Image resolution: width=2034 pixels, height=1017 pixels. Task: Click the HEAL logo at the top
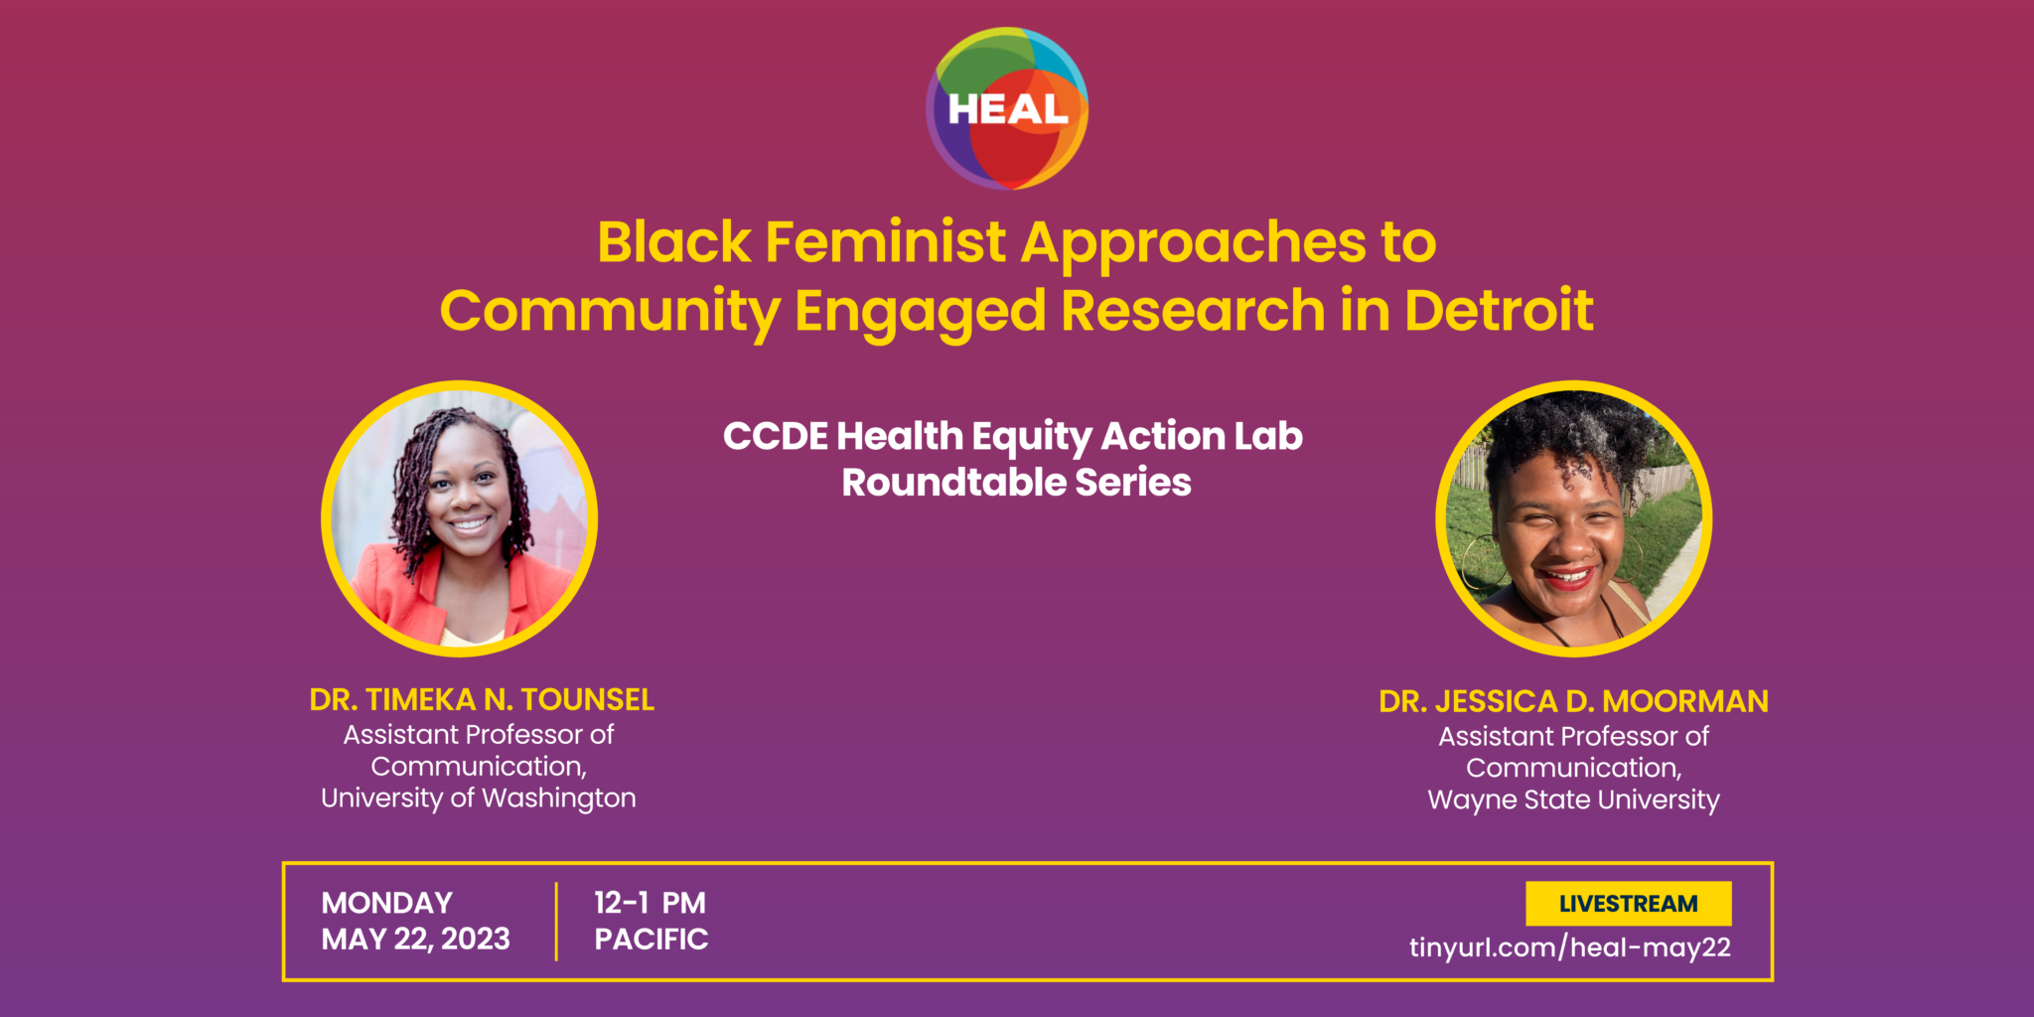click(1007, 108)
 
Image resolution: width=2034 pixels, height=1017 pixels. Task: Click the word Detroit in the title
click(1499, 310)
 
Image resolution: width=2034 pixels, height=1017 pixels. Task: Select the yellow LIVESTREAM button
click(1629, 904)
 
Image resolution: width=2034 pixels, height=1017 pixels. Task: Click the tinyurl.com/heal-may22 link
click(1570, 947)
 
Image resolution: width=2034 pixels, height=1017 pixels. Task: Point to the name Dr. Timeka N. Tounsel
click(482, 700)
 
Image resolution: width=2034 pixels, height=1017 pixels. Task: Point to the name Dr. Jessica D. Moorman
click(1574, 702)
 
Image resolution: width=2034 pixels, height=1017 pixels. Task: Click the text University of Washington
click(479, 799)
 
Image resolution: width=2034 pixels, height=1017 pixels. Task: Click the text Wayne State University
click(1574, 800)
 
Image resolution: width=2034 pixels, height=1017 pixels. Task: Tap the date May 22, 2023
click(416, 940)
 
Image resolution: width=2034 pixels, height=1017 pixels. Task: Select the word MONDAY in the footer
click(387, 903)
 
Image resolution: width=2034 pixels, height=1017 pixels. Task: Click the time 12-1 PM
click(651, 903)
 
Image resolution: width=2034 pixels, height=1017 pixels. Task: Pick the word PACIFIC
click(652, 940)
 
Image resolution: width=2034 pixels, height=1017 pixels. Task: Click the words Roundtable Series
click(1017, 483)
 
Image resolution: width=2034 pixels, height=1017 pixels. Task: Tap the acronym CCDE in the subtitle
click(776, 436)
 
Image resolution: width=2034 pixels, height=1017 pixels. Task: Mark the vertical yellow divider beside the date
click(556, 922)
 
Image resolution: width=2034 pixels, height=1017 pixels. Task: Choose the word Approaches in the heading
click(1194, 243)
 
